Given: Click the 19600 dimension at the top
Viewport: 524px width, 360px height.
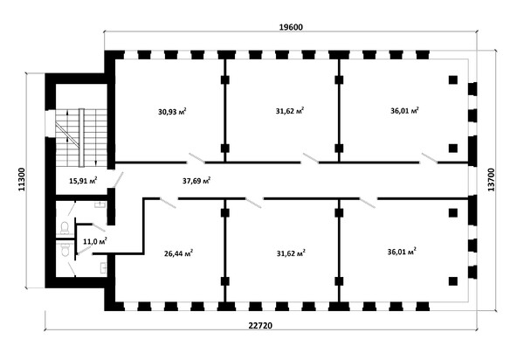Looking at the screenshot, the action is (x=291, y=27).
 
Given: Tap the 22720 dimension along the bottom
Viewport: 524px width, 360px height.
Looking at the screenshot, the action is (x=260, y=325).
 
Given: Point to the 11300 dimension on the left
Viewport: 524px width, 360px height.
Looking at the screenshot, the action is (x=22, y=179).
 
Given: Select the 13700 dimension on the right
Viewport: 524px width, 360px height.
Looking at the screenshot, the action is (x=491, y=179).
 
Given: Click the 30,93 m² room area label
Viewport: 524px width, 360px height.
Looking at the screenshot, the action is (x=172, y=111).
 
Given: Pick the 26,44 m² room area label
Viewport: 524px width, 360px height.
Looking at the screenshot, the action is (x=178, y=253).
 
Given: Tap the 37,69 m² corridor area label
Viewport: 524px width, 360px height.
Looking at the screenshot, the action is (x=196, y=181).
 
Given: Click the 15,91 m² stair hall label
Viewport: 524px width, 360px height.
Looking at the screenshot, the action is (x=83, y=181).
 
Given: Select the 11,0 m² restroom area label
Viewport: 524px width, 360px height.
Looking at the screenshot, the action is (x=95, y=241).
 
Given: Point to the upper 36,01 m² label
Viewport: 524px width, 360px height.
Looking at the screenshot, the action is (x=404, y=110).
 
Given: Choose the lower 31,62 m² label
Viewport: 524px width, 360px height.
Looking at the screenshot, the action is (x=291, y=253).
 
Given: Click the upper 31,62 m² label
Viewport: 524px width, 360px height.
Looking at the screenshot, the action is (x=290, y=111).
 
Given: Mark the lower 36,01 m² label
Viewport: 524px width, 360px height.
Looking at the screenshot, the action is (x=402, y=252).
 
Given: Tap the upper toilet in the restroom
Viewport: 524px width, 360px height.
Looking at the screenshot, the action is (x=65, y=228).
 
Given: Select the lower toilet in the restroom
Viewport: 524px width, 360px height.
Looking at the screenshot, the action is (x=65, y=249).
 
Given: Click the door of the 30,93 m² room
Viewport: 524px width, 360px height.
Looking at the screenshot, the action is (x=196, y=158).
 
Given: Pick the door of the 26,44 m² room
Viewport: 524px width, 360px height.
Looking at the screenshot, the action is (x=168, y=203).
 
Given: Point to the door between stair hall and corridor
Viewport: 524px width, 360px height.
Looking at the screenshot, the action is (x=118, y=179).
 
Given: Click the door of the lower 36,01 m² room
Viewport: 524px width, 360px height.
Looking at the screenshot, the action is (x=368, y=203).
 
